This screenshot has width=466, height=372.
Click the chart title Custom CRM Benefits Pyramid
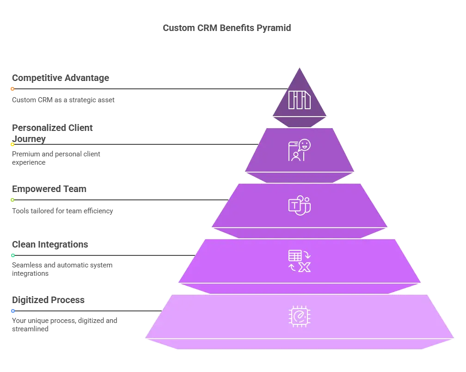point(227,28)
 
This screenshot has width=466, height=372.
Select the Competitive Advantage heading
point(61,78)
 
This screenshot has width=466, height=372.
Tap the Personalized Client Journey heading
point(52,133)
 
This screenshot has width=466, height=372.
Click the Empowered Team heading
point(49,189)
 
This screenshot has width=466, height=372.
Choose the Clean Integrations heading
point(50,244)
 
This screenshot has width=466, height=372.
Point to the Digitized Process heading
point(48,300)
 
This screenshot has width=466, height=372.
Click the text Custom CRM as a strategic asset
point(63,100)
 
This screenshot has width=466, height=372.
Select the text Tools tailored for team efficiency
point(62,211)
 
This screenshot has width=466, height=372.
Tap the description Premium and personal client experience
point(56,158)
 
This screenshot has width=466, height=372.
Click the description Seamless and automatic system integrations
point(62,269)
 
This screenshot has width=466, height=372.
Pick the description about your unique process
point(65,325)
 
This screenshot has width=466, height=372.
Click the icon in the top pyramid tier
point(300,100)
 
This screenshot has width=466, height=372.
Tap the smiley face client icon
point(300,150)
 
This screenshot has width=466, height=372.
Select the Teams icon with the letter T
point(300,205)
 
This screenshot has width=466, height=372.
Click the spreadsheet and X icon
point(300,261)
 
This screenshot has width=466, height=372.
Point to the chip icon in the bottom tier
point(300,316)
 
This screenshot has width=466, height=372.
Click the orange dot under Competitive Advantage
point(12,89)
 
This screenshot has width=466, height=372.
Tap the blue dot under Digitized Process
point(13,311)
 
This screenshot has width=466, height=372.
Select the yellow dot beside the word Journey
point(12,144)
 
